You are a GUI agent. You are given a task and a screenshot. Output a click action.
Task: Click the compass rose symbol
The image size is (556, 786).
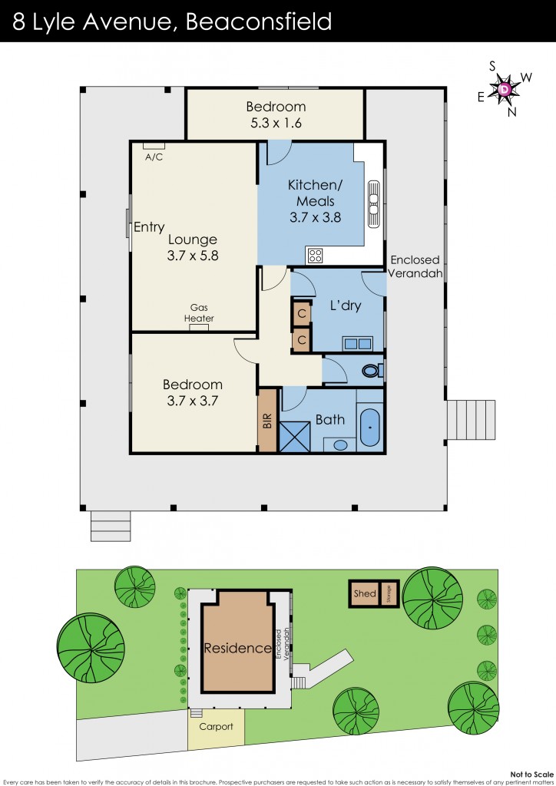pyautogui.click(x=505, y=90)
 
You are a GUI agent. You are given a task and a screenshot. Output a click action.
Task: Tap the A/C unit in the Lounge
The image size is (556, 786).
pyautogui.click(x=154, y=145)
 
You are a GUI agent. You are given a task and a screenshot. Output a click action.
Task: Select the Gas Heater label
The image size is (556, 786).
pyautogui.click(x=199, y=313)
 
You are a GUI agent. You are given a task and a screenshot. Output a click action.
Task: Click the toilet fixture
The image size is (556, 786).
pyautogui.click(x=371, y=371)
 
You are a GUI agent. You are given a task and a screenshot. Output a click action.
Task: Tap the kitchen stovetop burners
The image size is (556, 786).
pyautogui.click(x=315, y=255)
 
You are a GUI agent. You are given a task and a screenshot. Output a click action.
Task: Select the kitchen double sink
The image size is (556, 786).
pyautogui.click(x=374, y=204)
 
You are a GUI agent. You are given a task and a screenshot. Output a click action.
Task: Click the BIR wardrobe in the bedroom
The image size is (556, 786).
pyautogui.click(x=267, y=421)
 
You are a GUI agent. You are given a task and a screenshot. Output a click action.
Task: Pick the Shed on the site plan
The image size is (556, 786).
pyautogui.click(x=365, y=593)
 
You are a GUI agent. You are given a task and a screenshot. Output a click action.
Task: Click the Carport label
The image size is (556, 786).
pyautogui.click(x=216, y=727)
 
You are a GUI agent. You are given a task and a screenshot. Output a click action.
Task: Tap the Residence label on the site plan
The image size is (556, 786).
pyautogui.click(x=237, y=649)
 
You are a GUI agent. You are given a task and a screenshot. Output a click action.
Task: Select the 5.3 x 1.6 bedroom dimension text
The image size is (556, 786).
pyautogui.click(x=276, y=122)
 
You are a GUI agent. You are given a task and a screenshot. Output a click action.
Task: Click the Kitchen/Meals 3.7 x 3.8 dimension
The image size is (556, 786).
pyautogui.click(x=315, y=217)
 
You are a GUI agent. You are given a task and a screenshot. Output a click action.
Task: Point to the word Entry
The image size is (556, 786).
pyautogui.click(x=149, y=227)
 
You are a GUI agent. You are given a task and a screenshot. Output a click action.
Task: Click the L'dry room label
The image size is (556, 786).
pyautogui.click(x=345, y=305)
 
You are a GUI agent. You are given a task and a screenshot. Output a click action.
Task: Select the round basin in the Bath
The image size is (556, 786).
pyautogui.click(x=339, y=444)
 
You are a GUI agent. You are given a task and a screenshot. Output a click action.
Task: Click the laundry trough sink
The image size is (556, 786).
pyautogui.click(x=358, y=344)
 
